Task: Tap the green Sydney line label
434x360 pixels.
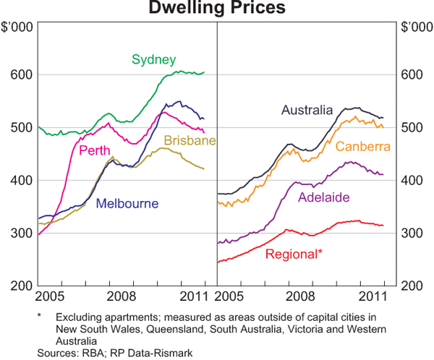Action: click(153, 59)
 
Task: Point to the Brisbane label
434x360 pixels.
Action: click(190, 140)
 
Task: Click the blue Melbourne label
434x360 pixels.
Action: click(127, 203)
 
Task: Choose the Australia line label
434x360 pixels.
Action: click(307, 111)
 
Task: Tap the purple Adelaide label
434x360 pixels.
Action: click(324, 197)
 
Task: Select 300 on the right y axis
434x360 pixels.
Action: click(412, 233)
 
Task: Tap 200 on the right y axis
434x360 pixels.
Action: click(412, 286)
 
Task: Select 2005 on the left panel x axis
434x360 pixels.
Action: click(51, 296)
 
